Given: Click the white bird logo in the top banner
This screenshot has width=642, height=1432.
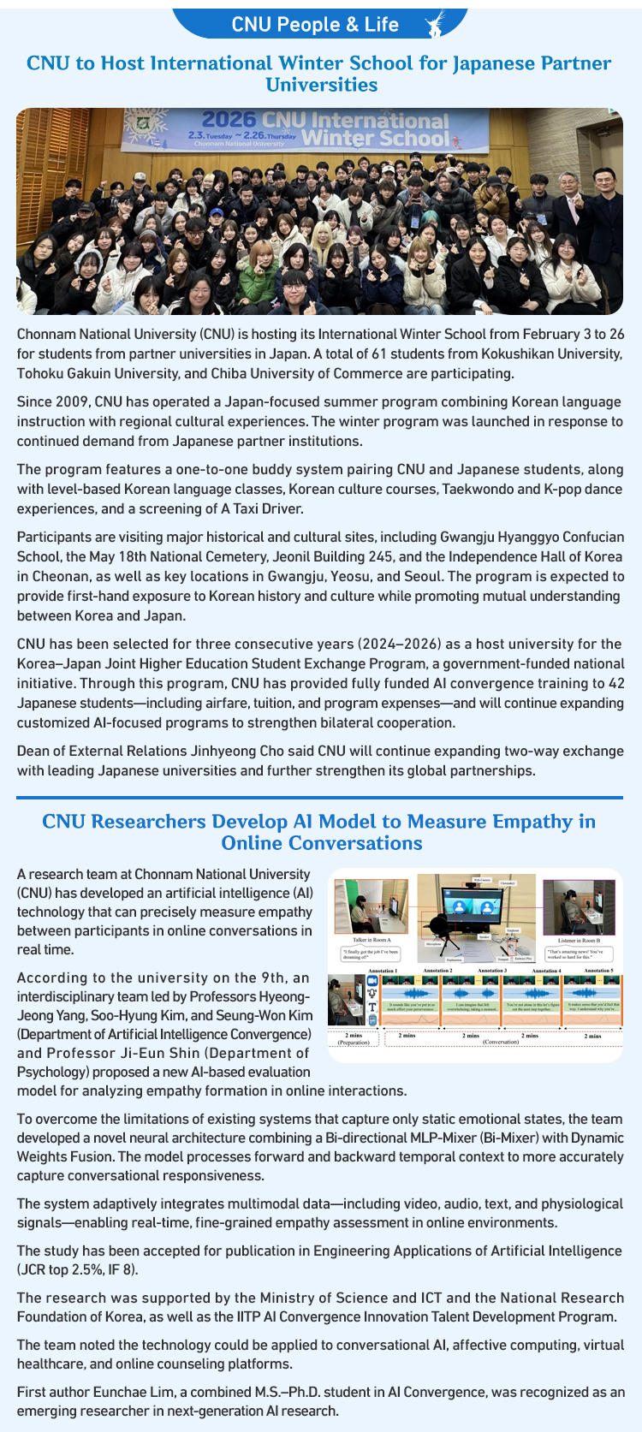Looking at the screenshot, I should tap(437, 23).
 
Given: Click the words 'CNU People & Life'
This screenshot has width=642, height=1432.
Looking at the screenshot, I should tap(315, 25).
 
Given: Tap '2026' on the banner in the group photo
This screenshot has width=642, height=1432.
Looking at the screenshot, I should tap(229, 121).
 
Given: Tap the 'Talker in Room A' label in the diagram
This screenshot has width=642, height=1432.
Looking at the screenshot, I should tap(372, 940).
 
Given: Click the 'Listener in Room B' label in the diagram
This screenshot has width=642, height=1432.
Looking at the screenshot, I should tap(579, 940).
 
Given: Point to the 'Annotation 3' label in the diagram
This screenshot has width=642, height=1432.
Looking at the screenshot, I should tap(491, 971).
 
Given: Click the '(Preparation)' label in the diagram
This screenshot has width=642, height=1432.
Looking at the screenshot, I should tap(353, 1043).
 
